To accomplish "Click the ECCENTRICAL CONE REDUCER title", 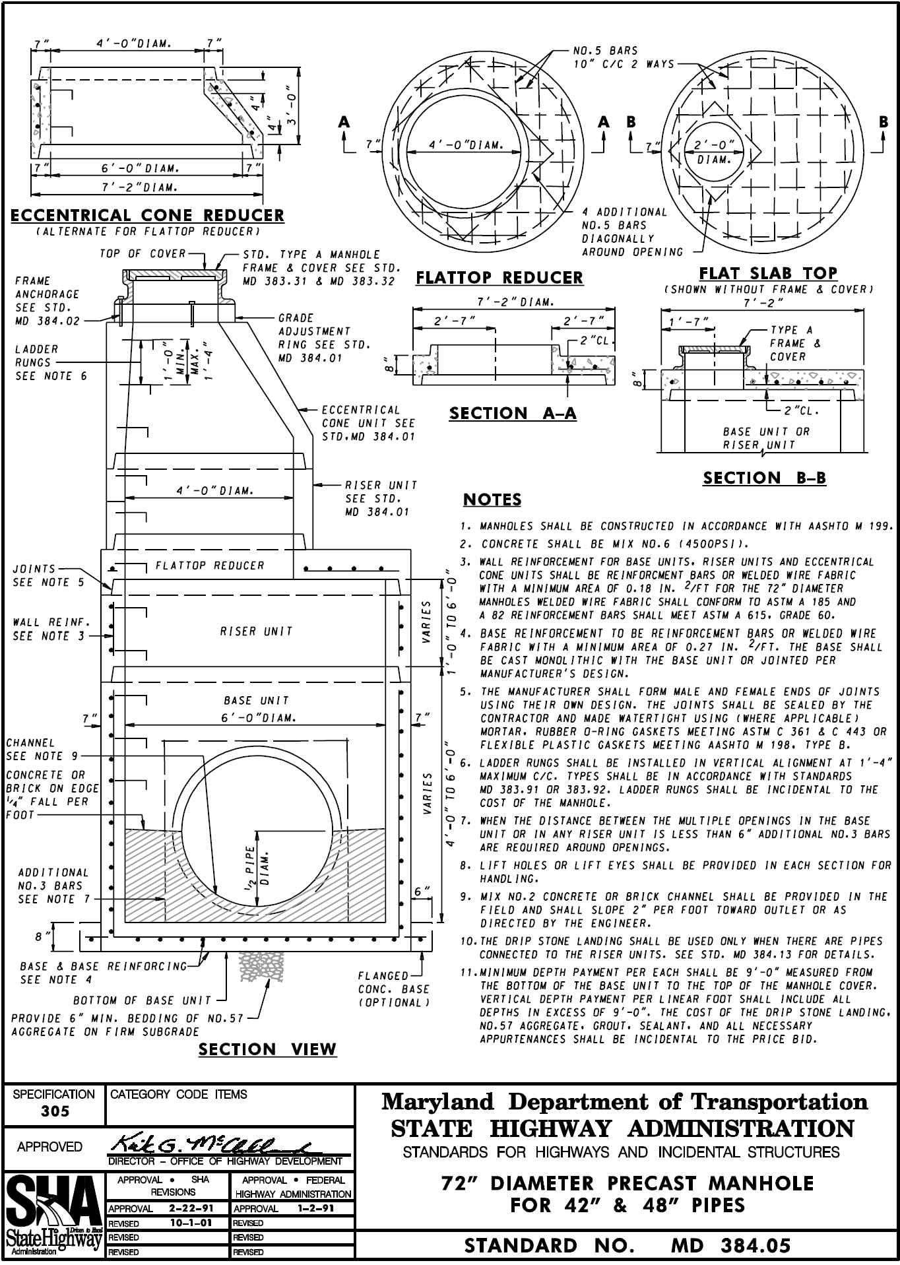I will [147, 216].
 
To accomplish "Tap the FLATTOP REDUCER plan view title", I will [499, 278].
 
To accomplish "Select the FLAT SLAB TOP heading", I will [768, 273].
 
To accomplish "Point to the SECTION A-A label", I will [513, 414].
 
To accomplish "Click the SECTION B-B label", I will [764, 478].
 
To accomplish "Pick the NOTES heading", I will [492, 500].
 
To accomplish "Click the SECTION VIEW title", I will [267, 1049].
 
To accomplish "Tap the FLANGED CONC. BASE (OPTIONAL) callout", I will [393, 989].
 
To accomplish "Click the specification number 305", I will [55, 1111].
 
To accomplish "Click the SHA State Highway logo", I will [53, 1216].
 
